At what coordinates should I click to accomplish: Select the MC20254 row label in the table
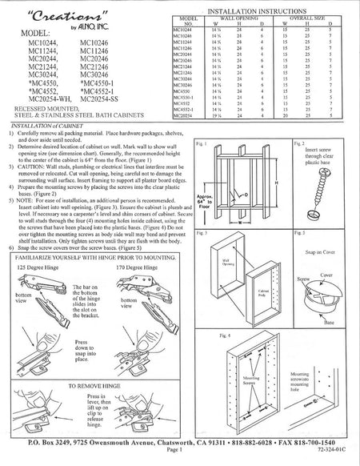point(183,115)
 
